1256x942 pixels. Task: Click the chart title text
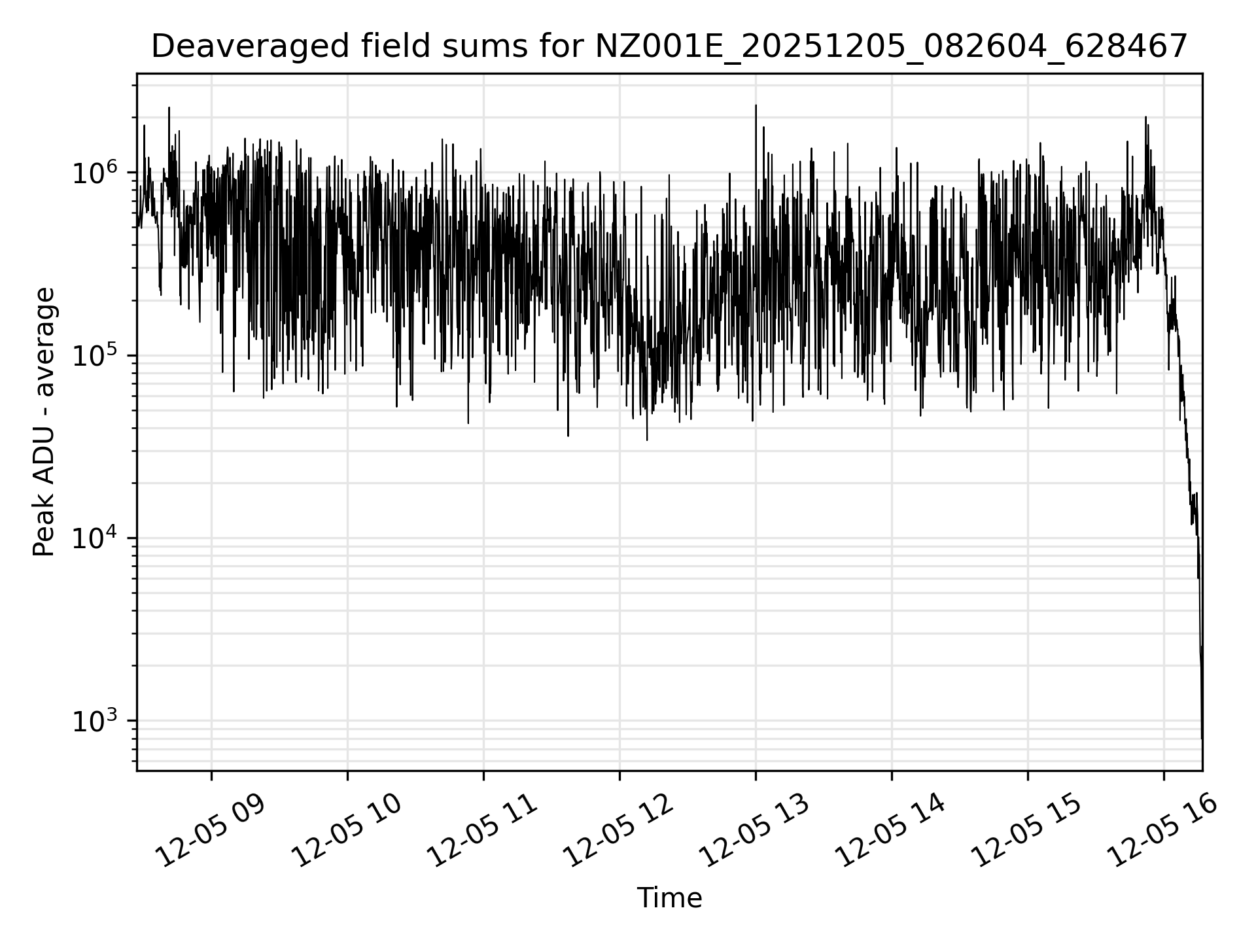(669, 47)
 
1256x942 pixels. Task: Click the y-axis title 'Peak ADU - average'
(44, 422)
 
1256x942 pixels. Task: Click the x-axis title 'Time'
(669, 898)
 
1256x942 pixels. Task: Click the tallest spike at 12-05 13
(756, 106)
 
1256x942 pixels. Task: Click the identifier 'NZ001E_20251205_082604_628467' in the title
(890, 47)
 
